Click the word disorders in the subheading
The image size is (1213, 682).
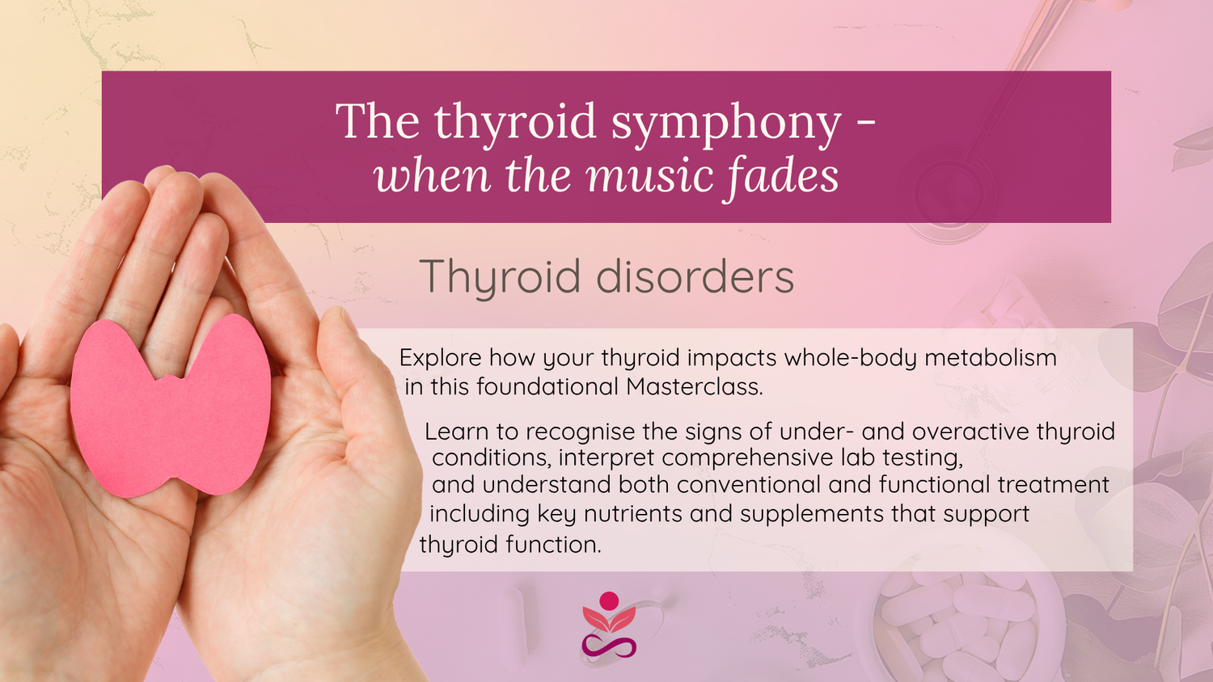click(x=695, y=276)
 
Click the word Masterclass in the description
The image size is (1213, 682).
click(x=694, y=386)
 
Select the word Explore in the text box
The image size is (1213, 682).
click(x=440, y=359)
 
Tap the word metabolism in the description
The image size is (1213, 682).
click(x=991, y=358)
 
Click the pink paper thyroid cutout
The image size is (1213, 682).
click(x=171, y=406)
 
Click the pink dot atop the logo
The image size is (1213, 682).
click(x=609, y=601)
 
